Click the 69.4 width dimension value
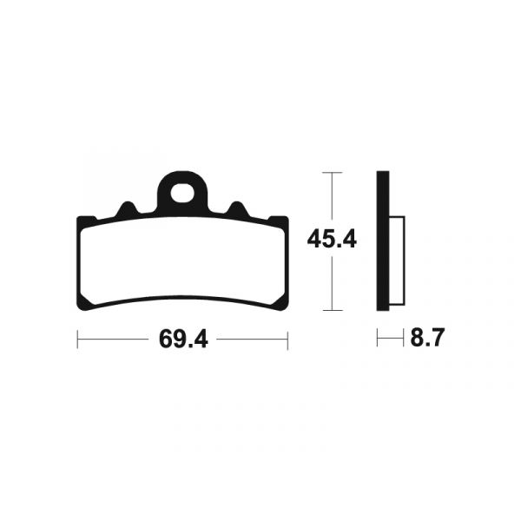click(182, 340)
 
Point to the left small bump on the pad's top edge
click(127, 210)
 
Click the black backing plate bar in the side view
click(381, 241)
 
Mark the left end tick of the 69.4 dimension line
click(77, 340)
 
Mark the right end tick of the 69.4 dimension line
click(287, 340)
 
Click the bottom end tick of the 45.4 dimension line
click(331, 310)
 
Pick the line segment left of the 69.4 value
click(113, 340)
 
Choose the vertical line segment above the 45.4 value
click(331, 198)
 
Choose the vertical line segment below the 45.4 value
click(331, 282)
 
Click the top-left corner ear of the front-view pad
click(85, 219)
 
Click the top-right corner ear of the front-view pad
click(280, 219)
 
